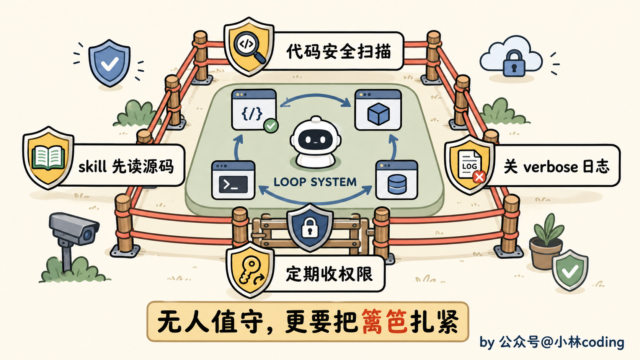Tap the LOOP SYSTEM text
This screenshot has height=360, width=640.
pyautogui.click(x=315, y=182)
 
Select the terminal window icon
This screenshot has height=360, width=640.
pyautogui.click(x=233, y=180)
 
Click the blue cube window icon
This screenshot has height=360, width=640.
pyautogui.click(x=378, y=110)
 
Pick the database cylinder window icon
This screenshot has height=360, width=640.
pyautogui.click(x=397, y=180)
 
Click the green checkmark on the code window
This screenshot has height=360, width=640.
pyautogui.click(x=271, y=126)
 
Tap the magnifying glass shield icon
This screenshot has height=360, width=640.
pyautogui.click(x=249, y=47)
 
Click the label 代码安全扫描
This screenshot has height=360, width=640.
pyautogui.click(x=339, y=51)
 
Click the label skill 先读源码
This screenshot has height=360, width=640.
pyautogui.click(x=126, y=166)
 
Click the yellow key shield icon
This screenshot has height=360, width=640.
pyautogui.click(x=250, y=270)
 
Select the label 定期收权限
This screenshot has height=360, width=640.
pyautogui.click(x=330, y=274)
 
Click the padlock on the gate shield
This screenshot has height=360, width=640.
pyautogui.click(x=310, y=228)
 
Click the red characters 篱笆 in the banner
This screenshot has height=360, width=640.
pyautogui.click(x=384, y=321)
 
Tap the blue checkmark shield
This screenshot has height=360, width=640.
pyautogui.click(x=109, y=63)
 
